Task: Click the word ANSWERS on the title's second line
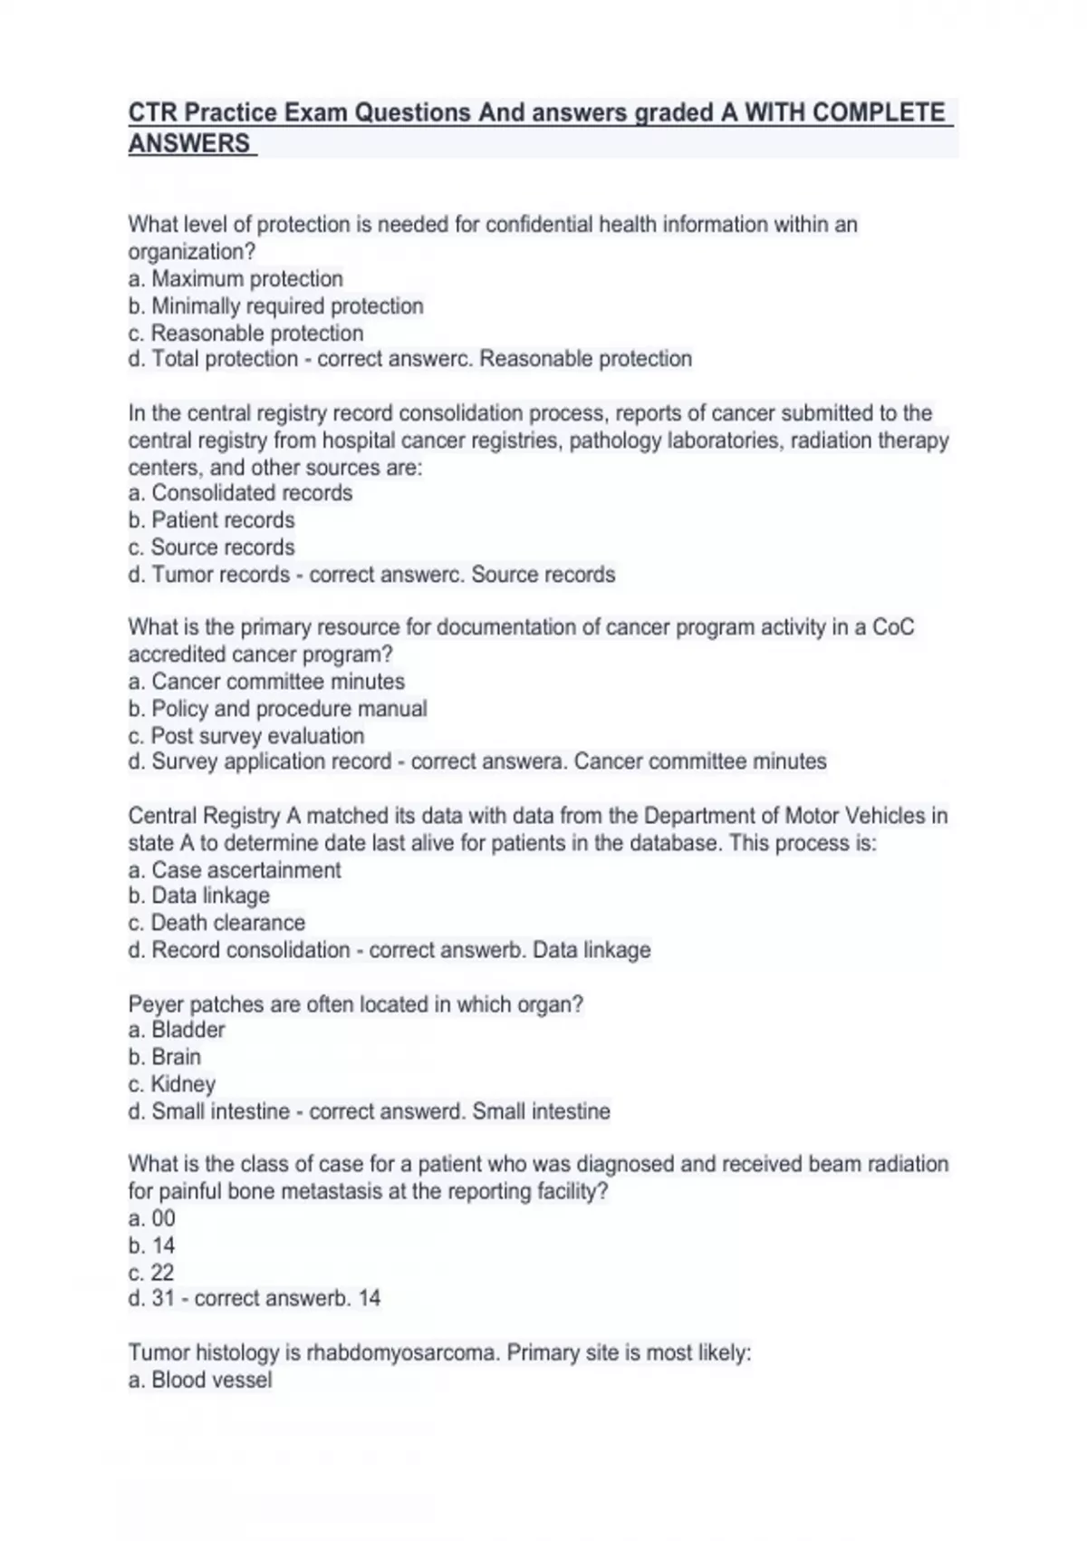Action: (188, 144)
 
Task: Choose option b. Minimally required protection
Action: (275, 306)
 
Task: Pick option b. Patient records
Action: (211, 520)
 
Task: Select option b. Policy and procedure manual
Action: (277, 709)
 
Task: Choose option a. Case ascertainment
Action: (235, 870)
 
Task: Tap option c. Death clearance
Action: (216, 923)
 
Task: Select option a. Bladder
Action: (177, 1030)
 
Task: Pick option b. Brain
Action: (165, 1057)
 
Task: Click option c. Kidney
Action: (171, 1084)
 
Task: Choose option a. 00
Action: (151, 1218)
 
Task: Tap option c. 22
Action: (150, 1273)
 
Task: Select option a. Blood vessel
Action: (200, 1380)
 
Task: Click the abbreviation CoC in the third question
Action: (892, 627)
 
